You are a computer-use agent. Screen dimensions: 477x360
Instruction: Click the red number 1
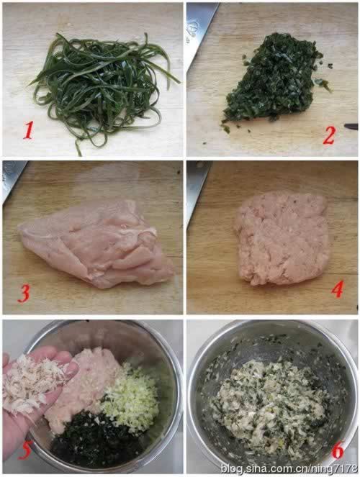coord(28,130)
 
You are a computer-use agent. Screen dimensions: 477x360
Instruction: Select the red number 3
coord(24,293)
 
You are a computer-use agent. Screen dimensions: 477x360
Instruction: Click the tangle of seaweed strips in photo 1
coord(101,86)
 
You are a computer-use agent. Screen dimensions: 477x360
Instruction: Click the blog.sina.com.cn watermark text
coord(288,468)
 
